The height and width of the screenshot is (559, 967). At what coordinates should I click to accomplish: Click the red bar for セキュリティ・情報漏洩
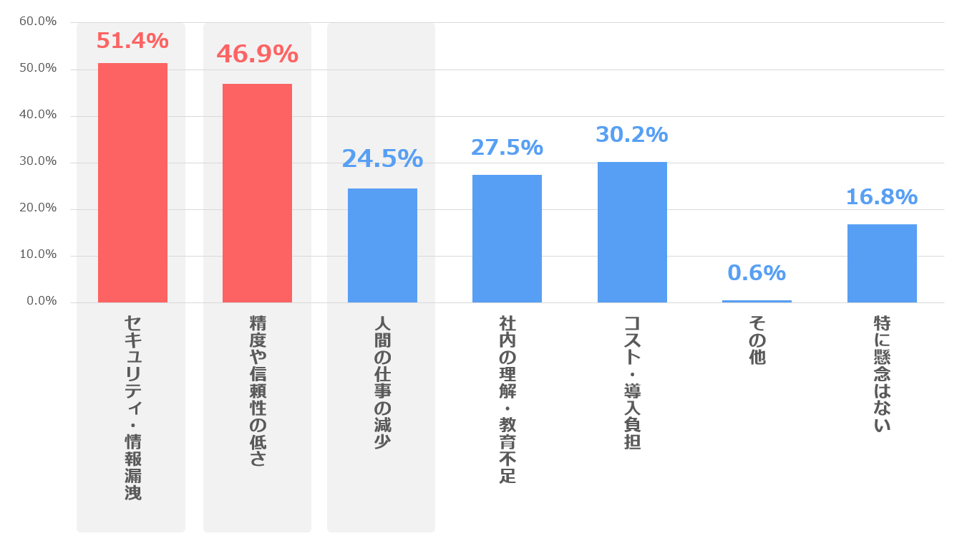coord(132,183)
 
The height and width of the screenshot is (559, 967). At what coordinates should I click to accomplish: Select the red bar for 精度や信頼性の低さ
coord(257,193)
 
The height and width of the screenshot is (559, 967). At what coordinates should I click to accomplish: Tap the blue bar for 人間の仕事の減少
coord(382,245)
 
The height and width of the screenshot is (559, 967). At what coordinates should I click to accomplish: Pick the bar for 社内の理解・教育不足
coord(507,239)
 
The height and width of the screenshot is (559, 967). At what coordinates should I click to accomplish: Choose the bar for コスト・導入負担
coord(632,232)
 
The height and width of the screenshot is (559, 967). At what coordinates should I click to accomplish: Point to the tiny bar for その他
coord(757,301)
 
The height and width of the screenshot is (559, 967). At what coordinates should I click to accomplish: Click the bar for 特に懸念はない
coord(882,263)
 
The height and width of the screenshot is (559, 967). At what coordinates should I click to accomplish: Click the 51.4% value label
coord(132,41)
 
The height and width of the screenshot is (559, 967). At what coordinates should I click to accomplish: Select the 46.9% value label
coord(257,54)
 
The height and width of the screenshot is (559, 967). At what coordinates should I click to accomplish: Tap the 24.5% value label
coord(382,158)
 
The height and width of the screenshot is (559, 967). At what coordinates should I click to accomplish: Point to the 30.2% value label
coord(632,134)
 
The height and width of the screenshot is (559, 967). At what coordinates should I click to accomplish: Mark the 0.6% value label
coord(757,273)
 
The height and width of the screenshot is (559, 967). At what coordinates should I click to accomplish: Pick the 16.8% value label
coord(882,197)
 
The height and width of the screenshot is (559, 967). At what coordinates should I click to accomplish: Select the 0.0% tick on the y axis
coord(42,301)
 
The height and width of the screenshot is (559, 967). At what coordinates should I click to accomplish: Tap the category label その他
coord(757,340)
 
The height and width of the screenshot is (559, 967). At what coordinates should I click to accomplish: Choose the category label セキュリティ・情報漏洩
coord(132,408)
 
